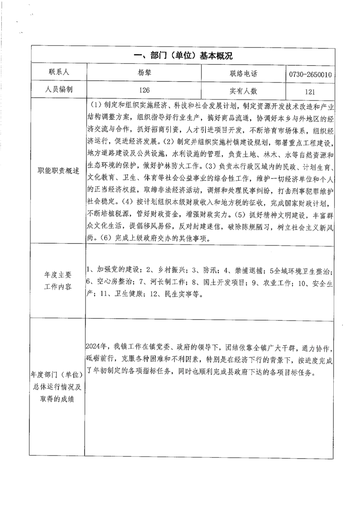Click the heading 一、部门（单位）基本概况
183,56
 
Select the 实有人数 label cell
243,90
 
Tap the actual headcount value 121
310,91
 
